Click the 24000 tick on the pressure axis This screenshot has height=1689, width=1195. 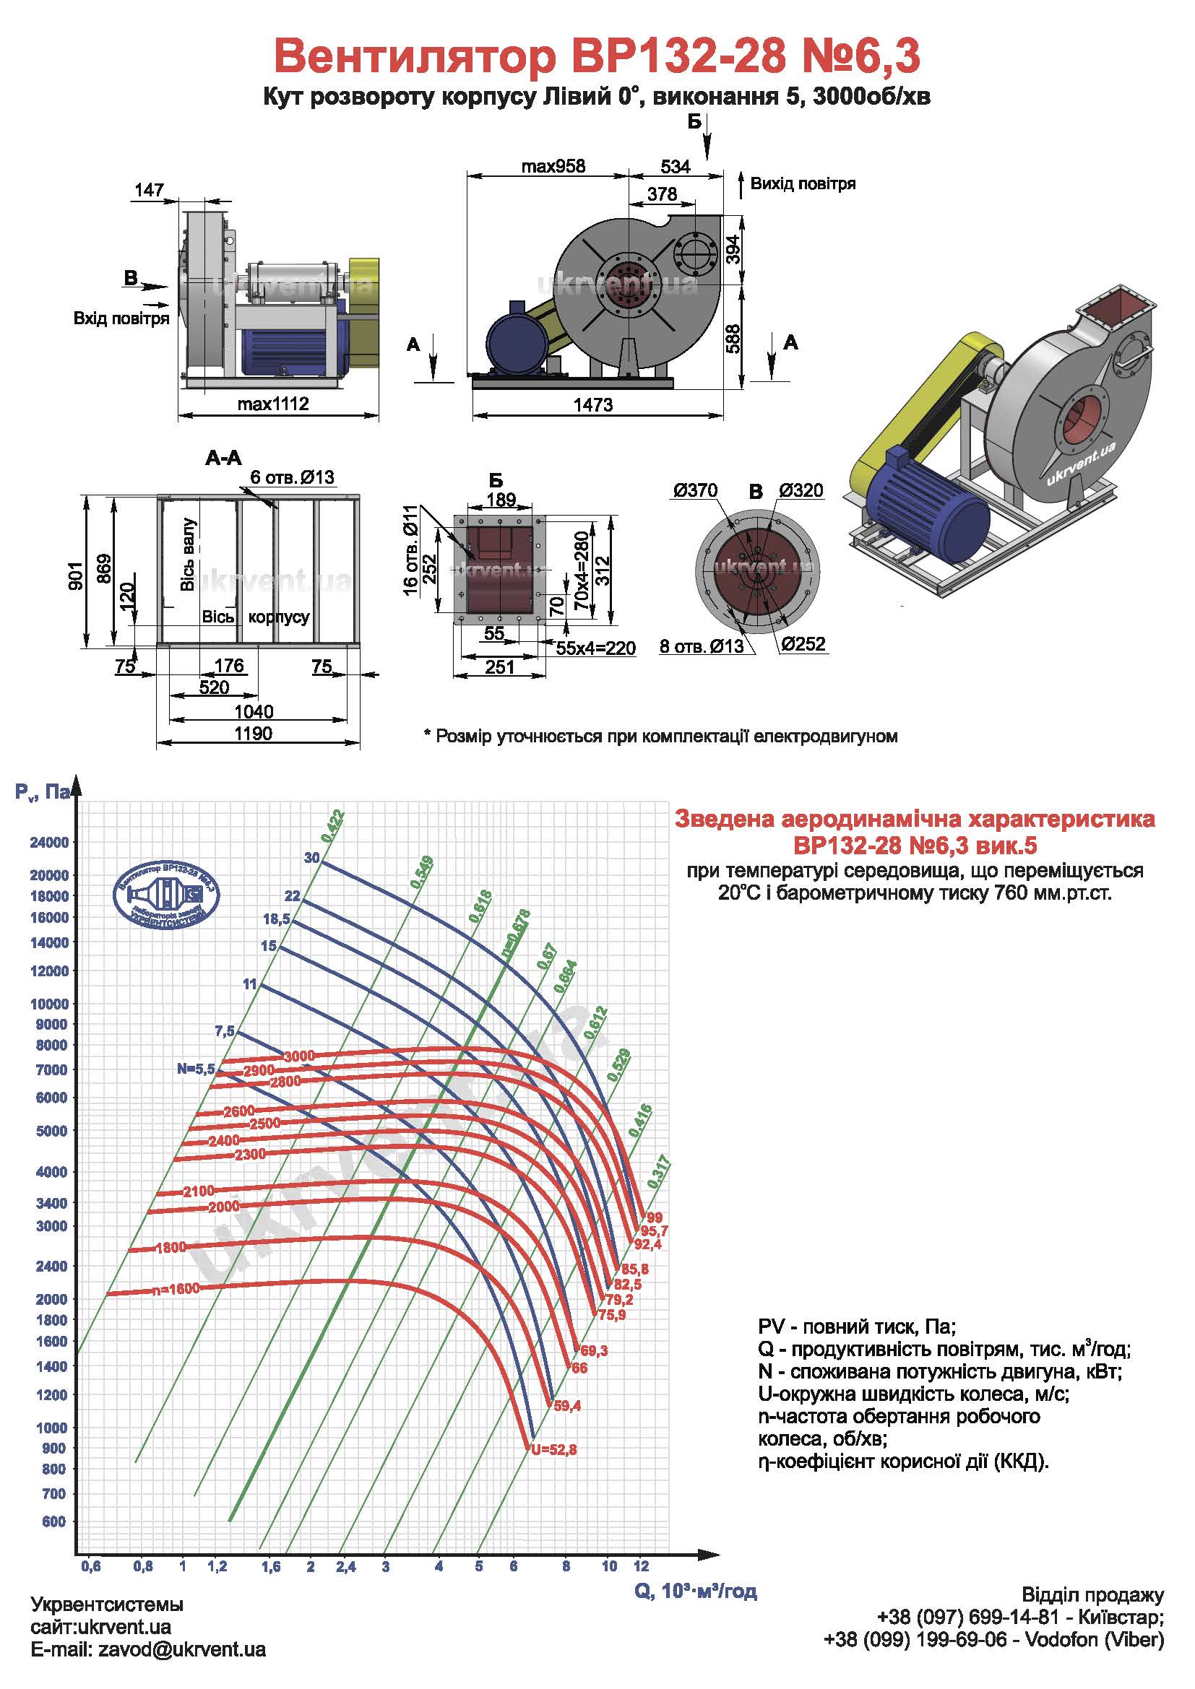click(49, 842)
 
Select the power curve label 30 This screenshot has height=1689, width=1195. click(312, 858)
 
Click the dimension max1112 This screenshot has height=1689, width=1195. click(273, 404)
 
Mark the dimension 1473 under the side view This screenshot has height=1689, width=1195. click(593, 405)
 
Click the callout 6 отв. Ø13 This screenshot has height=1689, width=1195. click(292, 477)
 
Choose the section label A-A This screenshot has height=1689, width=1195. click(223, 459)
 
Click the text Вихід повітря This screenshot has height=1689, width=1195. click(803, 184)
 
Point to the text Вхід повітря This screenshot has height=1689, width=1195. click(121, 318)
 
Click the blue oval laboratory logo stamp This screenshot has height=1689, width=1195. click(167, 893)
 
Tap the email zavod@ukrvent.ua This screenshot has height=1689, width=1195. click(182, 1650)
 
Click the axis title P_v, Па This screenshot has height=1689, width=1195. click(41, 792)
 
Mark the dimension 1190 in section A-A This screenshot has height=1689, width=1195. click(254, 734)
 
